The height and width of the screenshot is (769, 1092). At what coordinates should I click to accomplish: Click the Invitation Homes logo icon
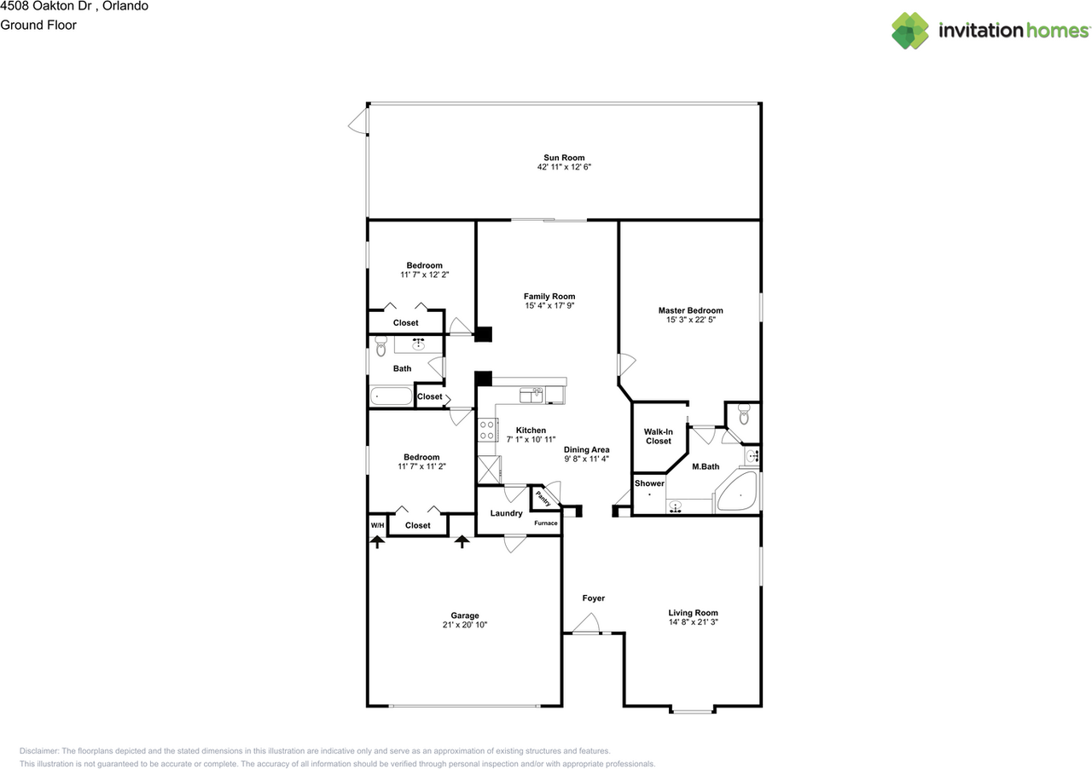[910, 31]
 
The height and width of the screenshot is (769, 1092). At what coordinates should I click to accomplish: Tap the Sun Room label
[564, 158]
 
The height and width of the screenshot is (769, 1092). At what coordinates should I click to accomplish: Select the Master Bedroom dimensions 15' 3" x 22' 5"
[690, 321]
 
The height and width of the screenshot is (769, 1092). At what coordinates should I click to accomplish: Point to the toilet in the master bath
[744, 416]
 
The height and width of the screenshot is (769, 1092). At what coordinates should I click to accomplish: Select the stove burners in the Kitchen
[487, 430]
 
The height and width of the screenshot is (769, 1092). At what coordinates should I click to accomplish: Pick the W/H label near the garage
[376, 525]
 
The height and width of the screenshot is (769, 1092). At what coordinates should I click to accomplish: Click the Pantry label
[543, 497]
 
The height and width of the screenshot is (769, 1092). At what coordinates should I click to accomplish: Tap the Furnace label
[545, 523]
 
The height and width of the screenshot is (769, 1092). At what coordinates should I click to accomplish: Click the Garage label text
[465, 616]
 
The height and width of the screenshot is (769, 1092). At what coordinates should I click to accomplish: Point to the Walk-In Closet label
[658, 437]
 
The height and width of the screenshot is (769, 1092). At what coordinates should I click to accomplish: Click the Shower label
[649, 483]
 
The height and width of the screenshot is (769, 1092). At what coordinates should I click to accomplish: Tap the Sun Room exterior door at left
[357, 124]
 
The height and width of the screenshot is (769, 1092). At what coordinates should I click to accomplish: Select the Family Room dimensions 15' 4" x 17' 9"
[549, 306]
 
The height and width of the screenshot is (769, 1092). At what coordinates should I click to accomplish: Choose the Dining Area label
[586, 449]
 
